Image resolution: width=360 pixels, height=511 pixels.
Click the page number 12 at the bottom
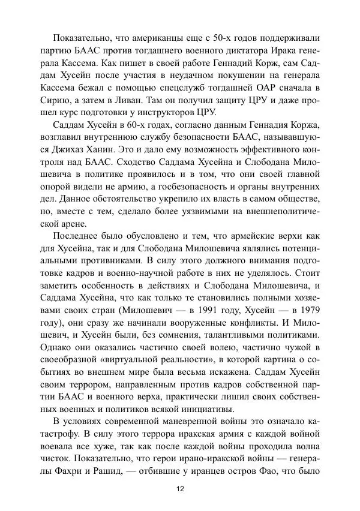point(180,489)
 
